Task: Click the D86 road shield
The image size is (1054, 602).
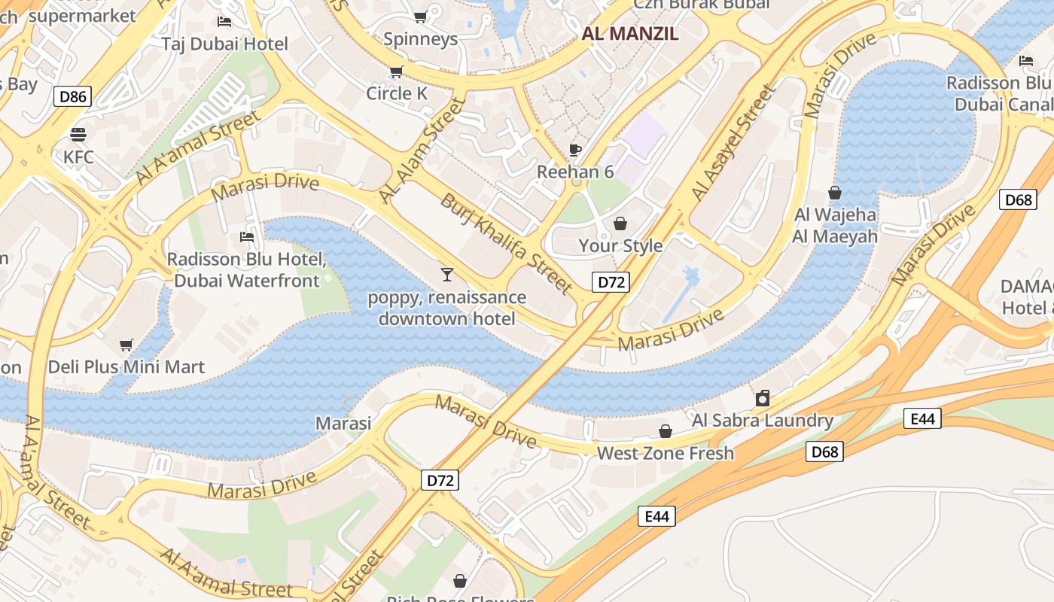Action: (x=72, y=96)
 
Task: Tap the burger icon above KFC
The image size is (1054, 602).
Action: (x=78, y=135)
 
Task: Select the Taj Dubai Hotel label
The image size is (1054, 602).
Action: (x=224, y=44)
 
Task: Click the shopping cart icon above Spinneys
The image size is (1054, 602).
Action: (x=421, y=17)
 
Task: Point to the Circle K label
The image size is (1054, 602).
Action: (x=397, y=93)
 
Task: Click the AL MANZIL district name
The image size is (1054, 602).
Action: (x=630, y=34)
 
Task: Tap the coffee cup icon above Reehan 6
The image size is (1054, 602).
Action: (x=575, y=150)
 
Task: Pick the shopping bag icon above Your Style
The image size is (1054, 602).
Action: (x=620, y=223)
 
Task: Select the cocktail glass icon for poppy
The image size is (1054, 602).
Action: (x=447, y=275)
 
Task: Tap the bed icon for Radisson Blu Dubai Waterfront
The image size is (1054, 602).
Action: (x=246, y=237)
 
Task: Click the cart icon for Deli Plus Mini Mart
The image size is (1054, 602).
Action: (x=126, y=345)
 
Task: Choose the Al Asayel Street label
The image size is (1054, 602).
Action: (x=733, y=143)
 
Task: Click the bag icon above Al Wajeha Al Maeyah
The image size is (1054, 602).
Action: (x=835, y=193)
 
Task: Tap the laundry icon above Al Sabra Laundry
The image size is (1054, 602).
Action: (x=763, y=398)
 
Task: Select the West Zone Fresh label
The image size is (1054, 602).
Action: (x=665, y=453)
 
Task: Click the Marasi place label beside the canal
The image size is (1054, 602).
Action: (x=343, y=423)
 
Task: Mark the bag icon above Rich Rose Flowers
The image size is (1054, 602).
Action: (x=459, y=581)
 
